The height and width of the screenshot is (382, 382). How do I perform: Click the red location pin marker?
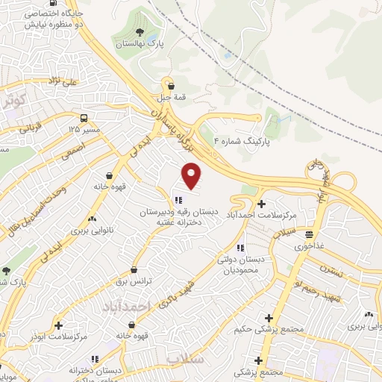click(x=192, y=175)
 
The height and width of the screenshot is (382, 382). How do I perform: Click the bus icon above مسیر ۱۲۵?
click(x=83, y=118)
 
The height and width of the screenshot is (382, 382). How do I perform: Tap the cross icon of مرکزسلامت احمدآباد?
click(x=260, y=204)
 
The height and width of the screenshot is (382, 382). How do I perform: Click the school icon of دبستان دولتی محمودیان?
click(x=239, y=248)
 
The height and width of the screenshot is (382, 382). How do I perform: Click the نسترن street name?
click(x=334, y=269)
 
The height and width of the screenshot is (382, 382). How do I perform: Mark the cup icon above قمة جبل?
click(x=170, y=85)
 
